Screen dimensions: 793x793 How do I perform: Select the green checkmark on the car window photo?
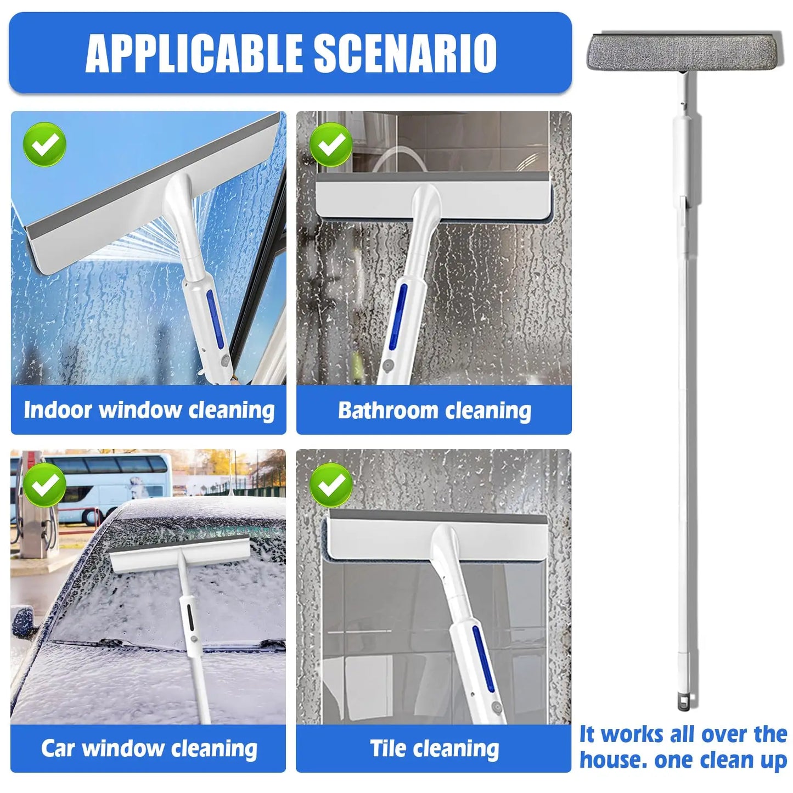(x=44, y=484)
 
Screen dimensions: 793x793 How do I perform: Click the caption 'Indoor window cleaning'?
(x=149, y=410)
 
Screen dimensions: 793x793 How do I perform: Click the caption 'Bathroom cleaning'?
(x=434, y=410)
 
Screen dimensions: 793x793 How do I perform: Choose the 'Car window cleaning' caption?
(x=149, y=749)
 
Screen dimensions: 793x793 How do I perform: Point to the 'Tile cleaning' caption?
(x=434, y=749)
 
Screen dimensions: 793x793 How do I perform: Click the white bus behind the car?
(x=104, y=486)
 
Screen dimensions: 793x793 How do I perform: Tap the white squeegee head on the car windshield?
(x=178, y=554)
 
